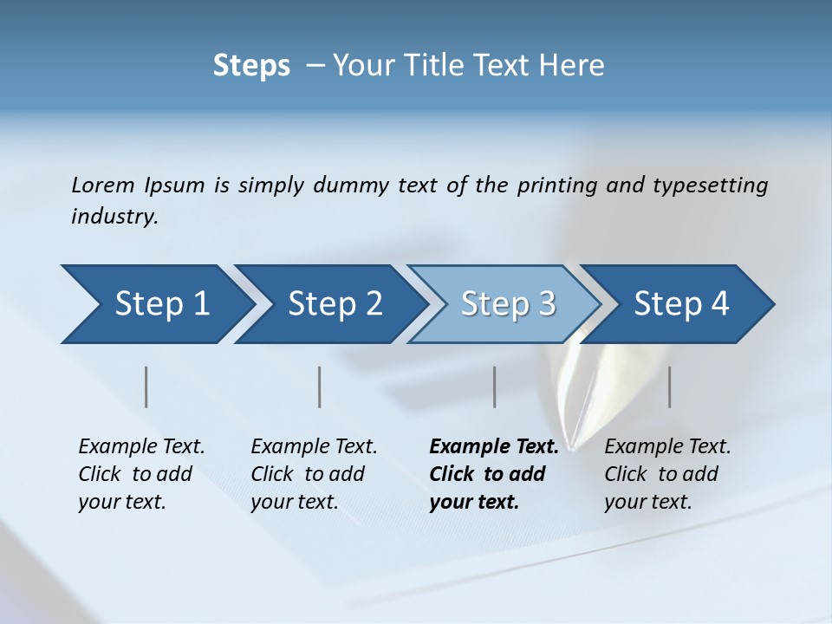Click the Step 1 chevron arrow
click(156, 304)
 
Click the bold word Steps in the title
click(251, 66)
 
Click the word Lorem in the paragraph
click(103, 185)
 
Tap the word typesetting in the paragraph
click(710, 185)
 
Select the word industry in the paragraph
click(114, 217)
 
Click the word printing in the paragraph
click(556, 185)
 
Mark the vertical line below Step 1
click(146, 387)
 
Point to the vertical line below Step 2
click(320, 387)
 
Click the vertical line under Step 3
click(494, 387)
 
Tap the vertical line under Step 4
click(669, 387)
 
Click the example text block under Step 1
click(141, 474)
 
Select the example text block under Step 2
click(314, 474)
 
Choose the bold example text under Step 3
click(493, 474)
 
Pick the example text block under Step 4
click(667, 474)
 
